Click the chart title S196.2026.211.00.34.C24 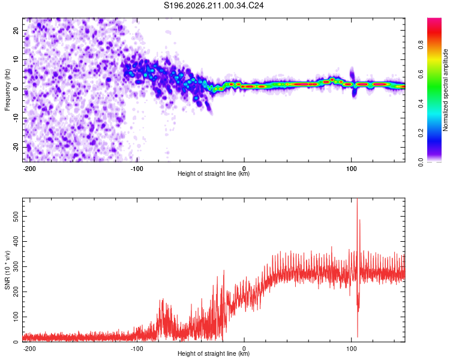214,5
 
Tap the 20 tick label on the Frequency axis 16,30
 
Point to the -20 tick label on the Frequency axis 16,148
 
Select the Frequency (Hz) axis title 7,90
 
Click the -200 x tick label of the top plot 29,169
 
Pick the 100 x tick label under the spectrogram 351,169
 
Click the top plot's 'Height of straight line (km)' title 214,173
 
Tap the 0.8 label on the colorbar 421,45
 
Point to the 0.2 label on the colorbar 421,133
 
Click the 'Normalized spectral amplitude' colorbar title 445,90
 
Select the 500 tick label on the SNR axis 15,216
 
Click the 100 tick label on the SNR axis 15,317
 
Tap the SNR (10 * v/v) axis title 7,270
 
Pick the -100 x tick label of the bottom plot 137,349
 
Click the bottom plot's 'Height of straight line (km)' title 214,353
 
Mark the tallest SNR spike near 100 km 357,199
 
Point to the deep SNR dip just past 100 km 358,337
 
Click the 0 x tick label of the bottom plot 244,349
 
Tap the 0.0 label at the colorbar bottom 421,163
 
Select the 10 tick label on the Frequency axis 16,59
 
